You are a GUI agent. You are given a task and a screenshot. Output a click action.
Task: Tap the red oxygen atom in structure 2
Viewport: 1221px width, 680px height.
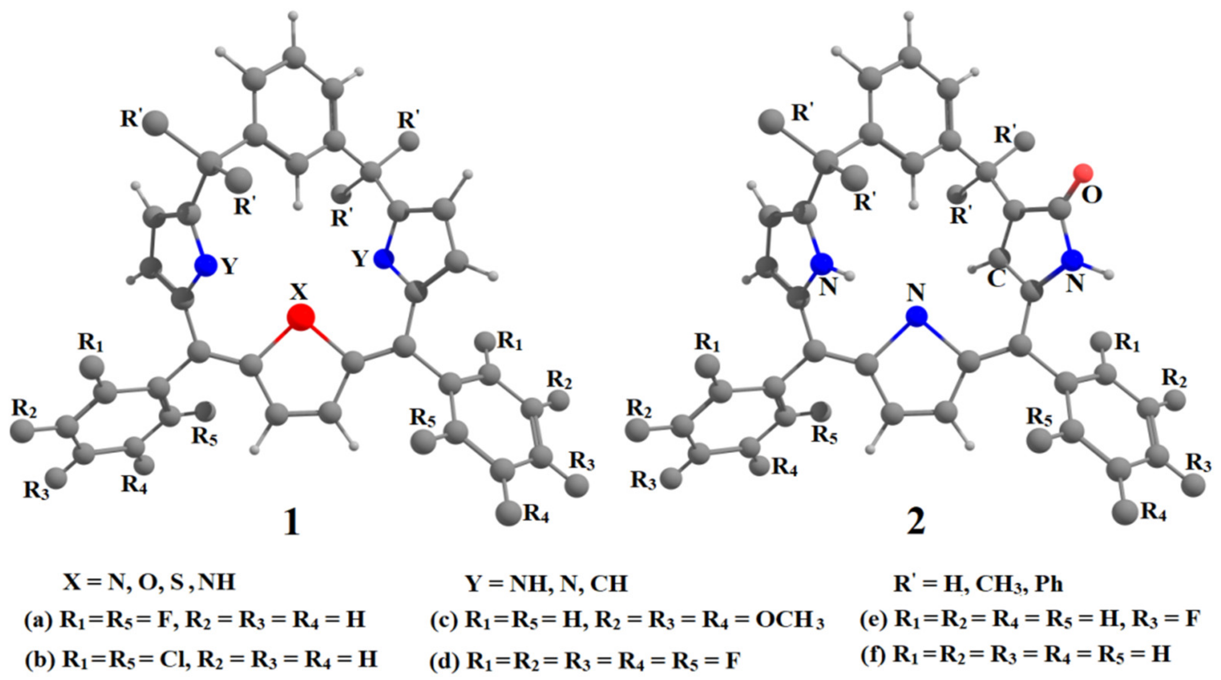(1083, 173)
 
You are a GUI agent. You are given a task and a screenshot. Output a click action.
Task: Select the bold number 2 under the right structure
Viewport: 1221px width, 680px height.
(916, 523)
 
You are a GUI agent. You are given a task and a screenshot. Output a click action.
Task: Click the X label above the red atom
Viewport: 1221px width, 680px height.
(299, 292)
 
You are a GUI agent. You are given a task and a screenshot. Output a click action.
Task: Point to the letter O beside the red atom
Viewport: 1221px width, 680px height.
(1092, 194)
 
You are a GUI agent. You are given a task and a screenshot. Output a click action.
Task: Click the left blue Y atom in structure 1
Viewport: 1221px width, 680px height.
(206, 265)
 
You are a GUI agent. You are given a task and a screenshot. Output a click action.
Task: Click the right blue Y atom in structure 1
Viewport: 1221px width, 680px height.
(383, 259)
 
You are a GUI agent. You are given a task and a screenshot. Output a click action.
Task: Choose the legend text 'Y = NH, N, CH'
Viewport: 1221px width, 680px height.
(547, 583)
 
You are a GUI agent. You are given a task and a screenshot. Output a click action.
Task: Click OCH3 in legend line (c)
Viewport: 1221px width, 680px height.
(789, 621)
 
